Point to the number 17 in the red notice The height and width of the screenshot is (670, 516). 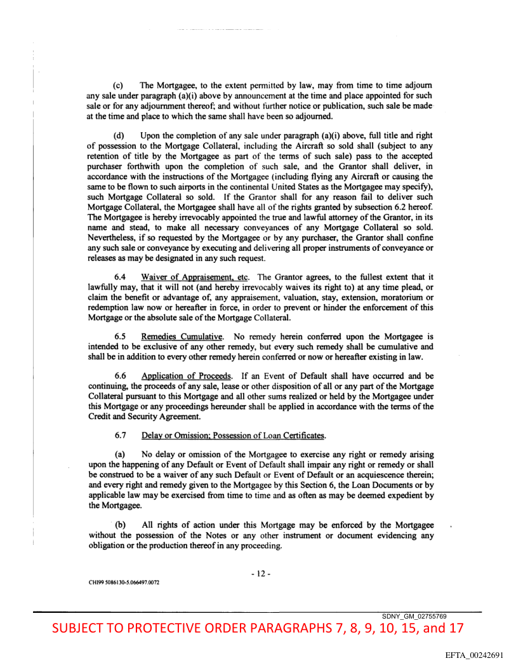[x=454, y=629]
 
